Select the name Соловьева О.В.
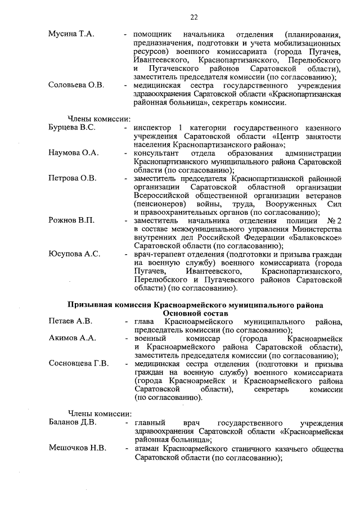click(x=76, y=85)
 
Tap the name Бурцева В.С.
click(x=72, y=128)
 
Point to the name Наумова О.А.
click(x=74, y=153)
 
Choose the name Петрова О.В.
click(x=73, y=178)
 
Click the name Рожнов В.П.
click(x=71, y=220)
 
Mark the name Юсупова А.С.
click(x=74, y=254)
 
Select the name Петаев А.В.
click(x=70, y=321)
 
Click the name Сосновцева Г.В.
click(x=79, y=363)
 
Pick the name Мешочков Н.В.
click(x=77, y=448)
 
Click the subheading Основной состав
click(x=195, y=313)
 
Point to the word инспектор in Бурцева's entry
click(x=152, y=128)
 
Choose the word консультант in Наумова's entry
click(x=158, y=153)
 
